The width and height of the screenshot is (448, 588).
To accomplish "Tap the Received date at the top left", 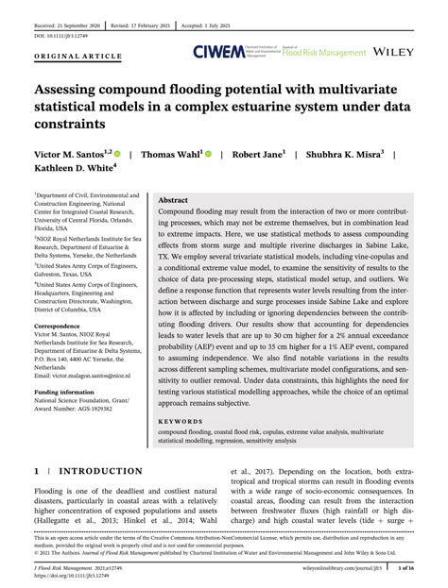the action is coord(59,18).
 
